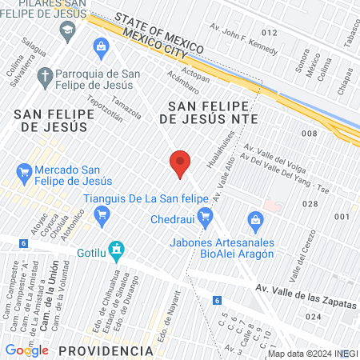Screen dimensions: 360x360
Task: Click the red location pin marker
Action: click(x=180, y=164)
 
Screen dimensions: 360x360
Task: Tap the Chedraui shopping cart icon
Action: click(x=205, y=214)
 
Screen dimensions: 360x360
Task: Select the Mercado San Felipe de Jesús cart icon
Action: click(x=24, y=171)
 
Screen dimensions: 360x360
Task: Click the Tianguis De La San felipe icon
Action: click(x=101, y=214)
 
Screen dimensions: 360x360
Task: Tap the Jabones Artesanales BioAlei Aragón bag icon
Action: click(x=255, y=218)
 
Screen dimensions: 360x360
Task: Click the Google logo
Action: click(x=26, y=350)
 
